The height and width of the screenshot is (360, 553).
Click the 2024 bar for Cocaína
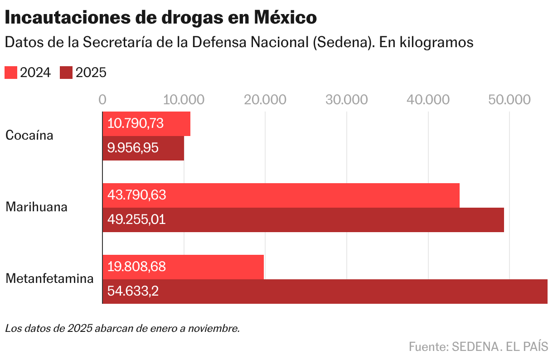click(146, 124)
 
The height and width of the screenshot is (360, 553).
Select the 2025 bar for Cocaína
click(143, 148)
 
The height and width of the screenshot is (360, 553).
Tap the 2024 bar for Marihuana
click(281, 195)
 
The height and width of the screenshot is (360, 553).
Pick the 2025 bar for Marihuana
click(303, 220)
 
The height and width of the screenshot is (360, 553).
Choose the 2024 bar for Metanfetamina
click(183, 267)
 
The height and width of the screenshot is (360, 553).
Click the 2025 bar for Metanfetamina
click(325, 292)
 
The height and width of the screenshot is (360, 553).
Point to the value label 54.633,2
click(133, 292)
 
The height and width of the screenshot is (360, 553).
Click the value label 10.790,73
click(135, 124)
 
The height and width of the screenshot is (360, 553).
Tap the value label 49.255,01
click(136, 220)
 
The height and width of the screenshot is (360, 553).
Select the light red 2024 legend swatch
click(11, 73)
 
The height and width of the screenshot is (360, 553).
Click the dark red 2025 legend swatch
click(66, 73)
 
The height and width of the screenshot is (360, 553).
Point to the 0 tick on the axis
click(102, 100)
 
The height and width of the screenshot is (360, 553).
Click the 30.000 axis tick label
click(346, 100)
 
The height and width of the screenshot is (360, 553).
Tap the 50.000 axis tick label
click(509, 100)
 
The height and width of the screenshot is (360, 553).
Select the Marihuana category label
click(36, 207)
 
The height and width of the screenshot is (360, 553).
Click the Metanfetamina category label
click(49, 279)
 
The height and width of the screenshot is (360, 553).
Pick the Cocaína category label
click(29, 136)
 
